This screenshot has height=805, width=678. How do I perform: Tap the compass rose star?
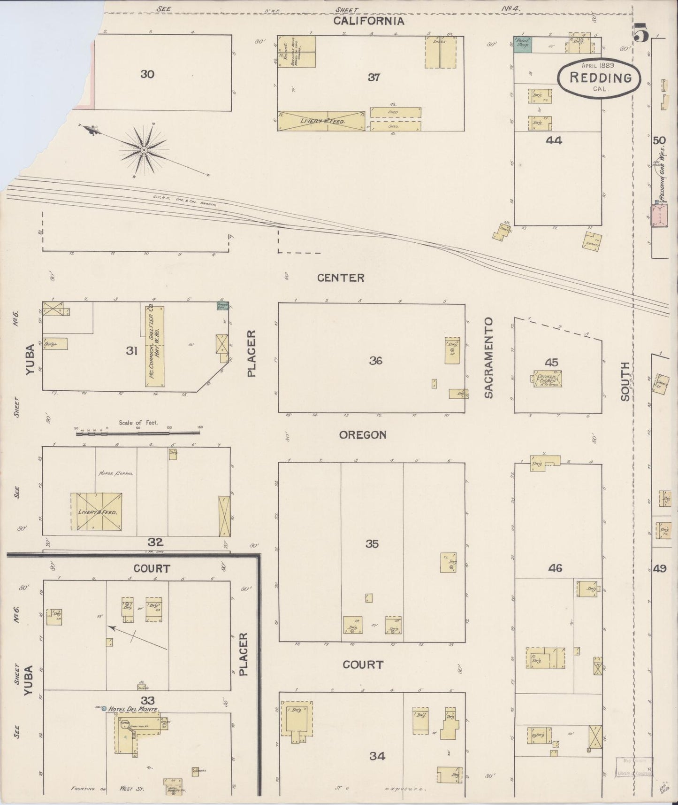tap(144, 150)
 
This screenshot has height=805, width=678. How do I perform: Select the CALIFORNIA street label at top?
tap(368, 21)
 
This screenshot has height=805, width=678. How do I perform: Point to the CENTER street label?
tap(341, 278)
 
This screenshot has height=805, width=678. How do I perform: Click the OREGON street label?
tap(363, 435)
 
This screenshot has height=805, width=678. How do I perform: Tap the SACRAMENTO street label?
tap(489, 358)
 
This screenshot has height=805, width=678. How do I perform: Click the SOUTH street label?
tap(625, 381)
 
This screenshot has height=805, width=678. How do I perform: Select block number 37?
tap(373, 77)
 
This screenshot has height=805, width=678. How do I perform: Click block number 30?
tap(147, 74)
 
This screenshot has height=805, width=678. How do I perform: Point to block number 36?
tap(375, 361)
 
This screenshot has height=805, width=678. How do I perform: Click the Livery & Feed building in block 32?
tap(97, 511)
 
